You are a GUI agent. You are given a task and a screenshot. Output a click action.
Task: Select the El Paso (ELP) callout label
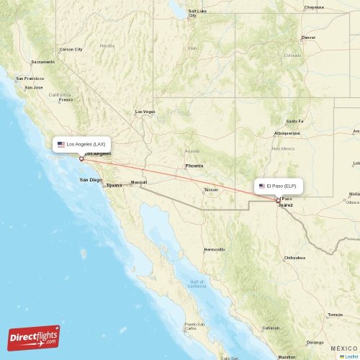point(279,186)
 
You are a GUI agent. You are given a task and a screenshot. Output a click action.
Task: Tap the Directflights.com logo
point(34,337)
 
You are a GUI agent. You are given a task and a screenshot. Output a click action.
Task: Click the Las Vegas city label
point(145,112)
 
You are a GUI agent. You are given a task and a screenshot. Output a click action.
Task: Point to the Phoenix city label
point(194,166)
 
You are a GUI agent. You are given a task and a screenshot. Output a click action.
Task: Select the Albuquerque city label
point(287,133)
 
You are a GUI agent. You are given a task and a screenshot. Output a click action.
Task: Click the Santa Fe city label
point(295,121)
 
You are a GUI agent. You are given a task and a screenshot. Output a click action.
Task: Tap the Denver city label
point(308,37)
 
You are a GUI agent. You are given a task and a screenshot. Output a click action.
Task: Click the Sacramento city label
point(42,62)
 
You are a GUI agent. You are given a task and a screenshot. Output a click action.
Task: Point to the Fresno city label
point(66,99)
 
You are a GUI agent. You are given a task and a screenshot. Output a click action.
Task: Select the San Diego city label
point(91,179)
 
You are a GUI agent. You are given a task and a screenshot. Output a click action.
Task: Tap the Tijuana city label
point(114,185)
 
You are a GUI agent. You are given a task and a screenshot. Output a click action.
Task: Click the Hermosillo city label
point(215,249)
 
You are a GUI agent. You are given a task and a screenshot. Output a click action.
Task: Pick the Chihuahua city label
point(294,257)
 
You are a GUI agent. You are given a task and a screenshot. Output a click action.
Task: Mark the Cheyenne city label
point(314,7)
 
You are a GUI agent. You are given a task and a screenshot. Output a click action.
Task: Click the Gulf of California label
point(190,284)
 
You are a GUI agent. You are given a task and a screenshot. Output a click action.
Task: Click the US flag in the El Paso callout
point(262,186)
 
